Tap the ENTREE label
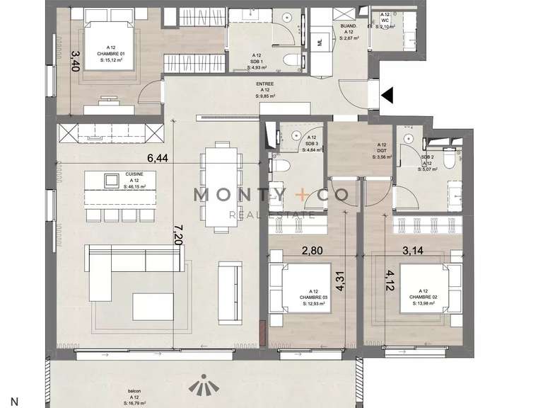[x=265, y=84]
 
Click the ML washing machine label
[x=320, y=43]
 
